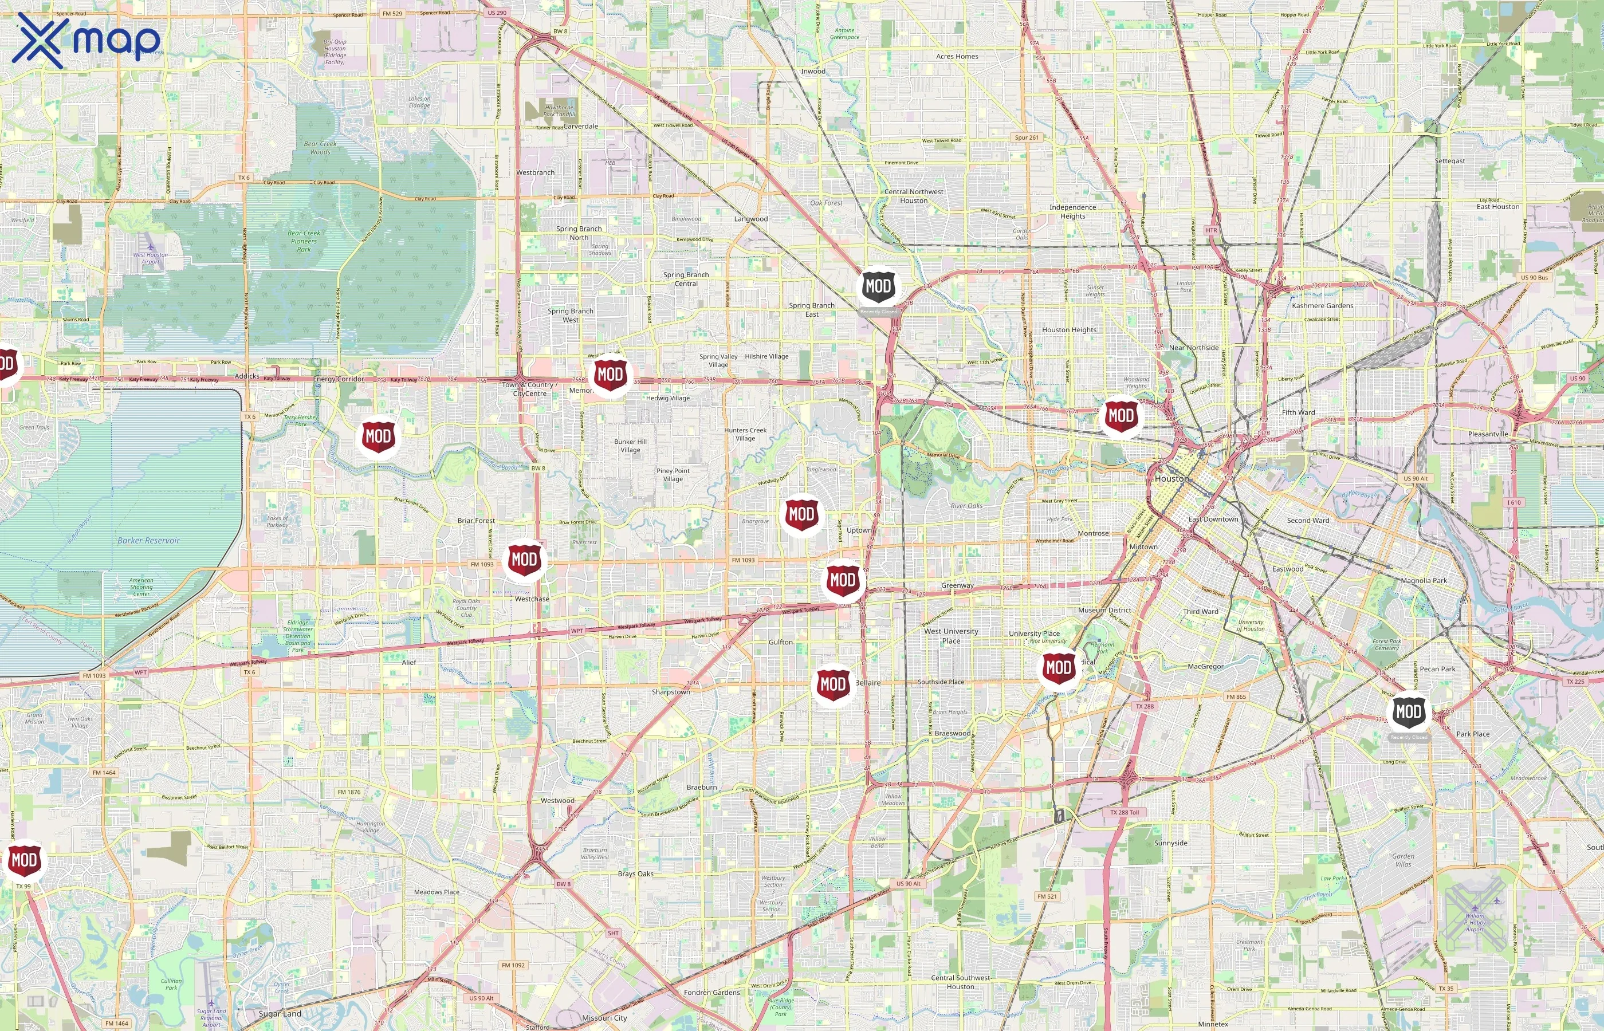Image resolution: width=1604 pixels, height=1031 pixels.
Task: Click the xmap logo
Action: pyautogui.click(x=86, y=40)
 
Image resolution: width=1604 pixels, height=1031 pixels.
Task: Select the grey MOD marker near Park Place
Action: pyautogui.click(x=1408, y=713)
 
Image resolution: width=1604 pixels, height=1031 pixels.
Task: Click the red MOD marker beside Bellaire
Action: pyautogui.click(x=833, y=684)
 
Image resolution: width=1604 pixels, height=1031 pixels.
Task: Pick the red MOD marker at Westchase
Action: pyautogui.click(x=524, y=559)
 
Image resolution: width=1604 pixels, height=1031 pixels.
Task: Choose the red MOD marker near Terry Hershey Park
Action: pyautogui.click(x=378, y=437)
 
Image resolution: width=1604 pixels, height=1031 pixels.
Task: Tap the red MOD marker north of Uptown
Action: pyautogui.click(x=801, y=514)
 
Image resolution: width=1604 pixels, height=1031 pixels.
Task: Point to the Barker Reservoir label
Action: pyautogui.click(x=148, y=540)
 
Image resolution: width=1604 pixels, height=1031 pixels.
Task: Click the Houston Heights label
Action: pyautogui.click(x=1068, y=330)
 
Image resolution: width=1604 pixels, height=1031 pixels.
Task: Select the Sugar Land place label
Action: pyautogui.click(x=280, y=1014)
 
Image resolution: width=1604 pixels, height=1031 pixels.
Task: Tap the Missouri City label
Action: pyautogui.click(x=604, y=1018)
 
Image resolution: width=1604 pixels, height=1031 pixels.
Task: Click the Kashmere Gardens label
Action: pyautogui.click(x=1322, y=306)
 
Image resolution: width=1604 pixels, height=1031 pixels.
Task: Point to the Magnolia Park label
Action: pyautogui.click(x=1424, y=580)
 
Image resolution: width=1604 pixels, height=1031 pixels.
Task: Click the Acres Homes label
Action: pyautogui.click(x=957, y=56)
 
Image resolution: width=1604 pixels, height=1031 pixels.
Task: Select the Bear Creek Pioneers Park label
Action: pyautogui.click(x=304, y=241)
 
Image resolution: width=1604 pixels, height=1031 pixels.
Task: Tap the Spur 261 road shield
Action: pyautogui.click(x=1026, y=138)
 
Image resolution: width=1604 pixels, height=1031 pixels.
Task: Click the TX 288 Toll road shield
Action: pyautogui.click(x=1124, y=812)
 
